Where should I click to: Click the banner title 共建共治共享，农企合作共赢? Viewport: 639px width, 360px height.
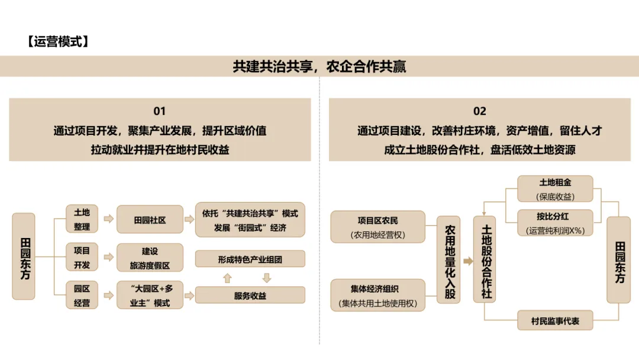point(319,66)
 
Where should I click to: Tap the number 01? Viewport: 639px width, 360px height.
point(160,111)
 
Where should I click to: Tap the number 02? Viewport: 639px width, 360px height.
point(479,111)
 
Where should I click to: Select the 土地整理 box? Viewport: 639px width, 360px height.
point(82,219)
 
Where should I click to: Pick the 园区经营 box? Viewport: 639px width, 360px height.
point(82,295)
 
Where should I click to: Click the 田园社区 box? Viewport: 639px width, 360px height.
point(150,220)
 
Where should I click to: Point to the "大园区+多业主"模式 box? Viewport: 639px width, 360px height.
point(150,295)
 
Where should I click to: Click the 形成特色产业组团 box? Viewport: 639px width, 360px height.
point(250,259)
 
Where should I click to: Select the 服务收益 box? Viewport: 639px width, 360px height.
point(250,295)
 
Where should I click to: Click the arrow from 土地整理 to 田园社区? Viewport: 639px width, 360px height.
point(108,220)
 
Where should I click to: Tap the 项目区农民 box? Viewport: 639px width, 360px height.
point(378,227)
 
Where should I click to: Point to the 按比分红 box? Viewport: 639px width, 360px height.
point(555,223)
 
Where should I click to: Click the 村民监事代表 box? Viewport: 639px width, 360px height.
point(555,321)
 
